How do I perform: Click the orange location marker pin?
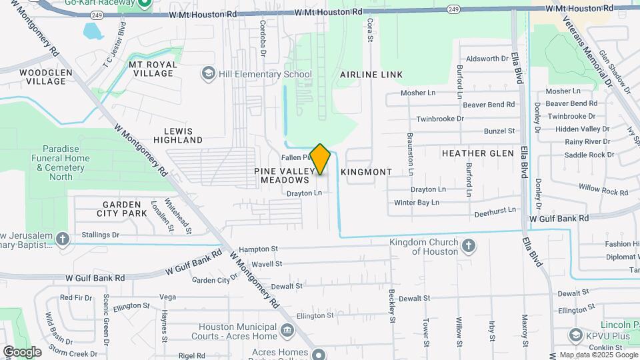320,159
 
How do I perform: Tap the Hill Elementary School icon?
208,74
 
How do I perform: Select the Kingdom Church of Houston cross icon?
469,245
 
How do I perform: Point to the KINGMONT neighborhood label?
366,172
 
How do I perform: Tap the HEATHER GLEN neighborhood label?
478,153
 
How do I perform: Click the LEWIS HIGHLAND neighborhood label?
177,135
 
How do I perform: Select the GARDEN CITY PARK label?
122,209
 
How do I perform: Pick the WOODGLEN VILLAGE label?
43,77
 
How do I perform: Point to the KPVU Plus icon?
575,335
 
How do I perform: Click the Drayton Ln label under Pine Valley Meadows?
304,193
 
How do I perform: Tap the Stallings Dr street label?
100,235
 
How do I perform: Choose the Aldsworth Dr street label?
487,59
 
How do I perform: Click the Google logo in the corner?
21,351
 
